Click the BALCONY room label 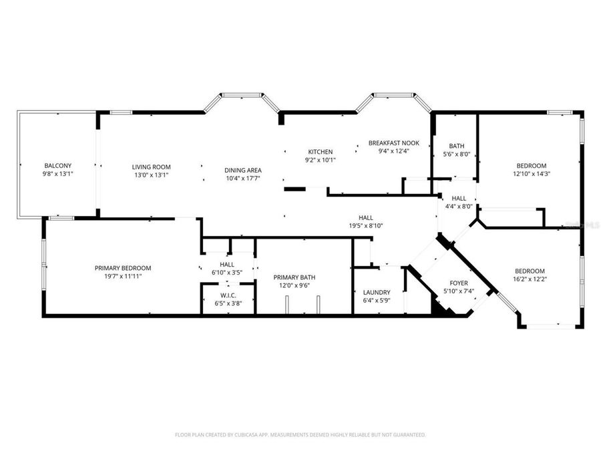coord(57,166)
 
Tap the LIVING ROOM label coord(151,167)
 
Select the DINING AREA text coord(242,170)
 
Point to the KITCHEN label coord(320,151)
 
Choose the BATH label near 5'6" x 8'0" coord(457,146)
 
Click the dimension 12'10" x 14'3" coord(531,174)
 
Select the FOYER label coord(459,283)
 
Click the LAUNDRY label coord(377,293)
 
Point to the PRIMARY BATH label coord(294,277)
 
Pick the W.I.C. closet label coord(228,295)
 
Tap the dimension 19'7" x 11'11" coord(123,276)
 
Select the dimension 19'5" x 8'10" coord(365,225)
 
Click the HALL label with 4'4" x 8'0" coord(459,198)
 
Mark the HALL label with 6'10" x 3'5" coord(227,264)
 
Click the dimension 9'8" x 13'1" coord(57,175)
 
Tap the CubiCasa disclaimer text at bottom coord(300,435)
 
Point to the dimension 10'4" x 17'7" coord(242,178)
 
